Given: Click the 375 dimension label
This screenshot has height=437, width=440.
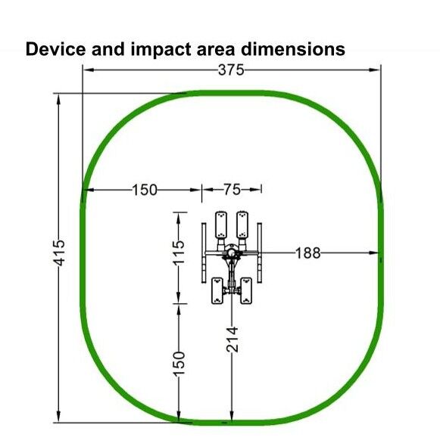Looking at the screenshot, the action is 231,70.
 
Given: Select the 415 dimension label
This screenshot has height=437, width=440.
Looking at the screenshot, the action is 59,253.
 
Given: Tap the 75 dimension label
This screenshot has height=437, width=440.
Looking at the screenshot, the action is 232,190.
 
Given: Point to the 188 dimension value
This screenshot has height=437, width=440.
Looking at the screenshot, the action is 308,253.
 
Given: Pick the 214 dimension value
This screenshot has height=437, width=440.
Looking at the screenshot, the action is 232,339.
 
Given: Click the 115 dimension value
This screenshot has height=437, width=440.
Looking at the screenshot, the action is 179,253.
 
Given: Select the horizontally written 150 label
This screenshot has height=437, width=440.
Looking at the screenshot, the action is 145,190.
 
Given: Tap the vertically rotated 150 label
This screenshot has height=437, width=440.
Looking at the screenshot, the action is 179,364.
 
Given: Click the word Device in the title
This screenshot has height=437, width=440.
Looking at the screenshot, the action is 55,49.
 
